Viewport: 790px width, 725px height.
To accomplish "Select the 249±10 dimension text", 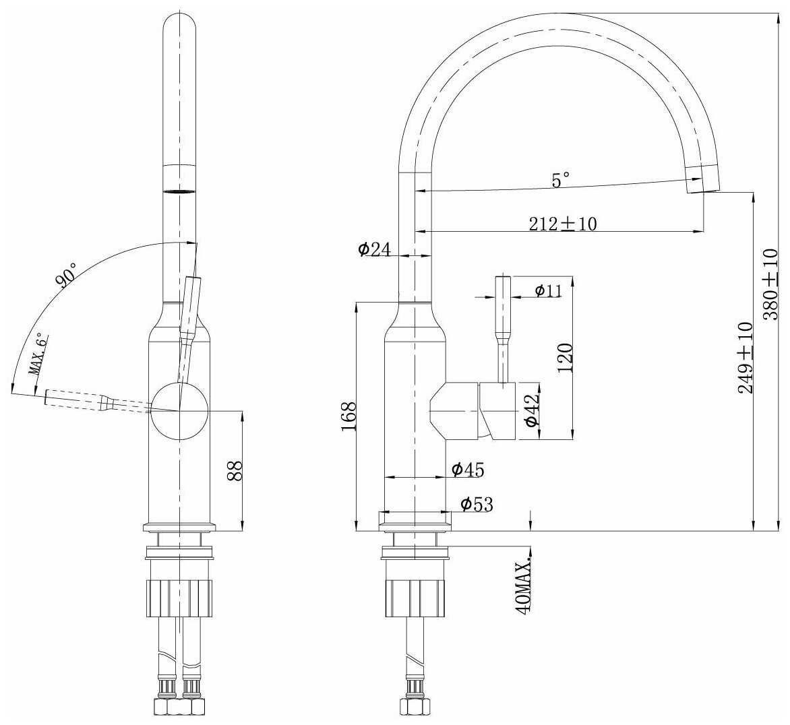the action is click(746, 358).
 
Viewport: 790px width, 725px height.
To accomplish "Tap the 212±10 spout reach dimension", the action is click(563, 223).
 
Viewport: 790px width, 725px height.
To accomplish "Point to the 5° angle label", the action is click(560, 180).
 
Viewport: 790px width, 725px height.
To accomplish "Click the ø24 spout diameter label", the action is click(374, 249).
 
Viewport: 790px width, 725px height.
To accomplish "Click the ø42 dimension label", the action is click(532, 409).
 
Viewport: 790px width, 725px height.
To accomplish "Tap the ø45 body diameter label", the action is click(468, 469).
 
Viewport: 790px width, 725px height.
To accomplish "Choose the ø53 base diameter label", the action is click(477, 504).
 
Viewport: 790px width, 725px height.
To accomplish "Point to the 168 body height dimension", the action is click(348, 416).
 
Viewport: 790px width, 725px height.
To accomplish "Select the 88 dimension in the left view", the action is click(235, 471).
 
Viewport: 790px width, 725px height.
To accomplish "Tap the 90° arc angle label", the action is click(67, 274).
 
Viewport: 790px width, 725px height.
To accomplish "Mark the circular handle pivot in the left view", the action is click(179, 411).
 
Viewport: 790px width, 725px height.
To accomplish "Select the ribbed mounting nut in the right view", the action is click(416, 598).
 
